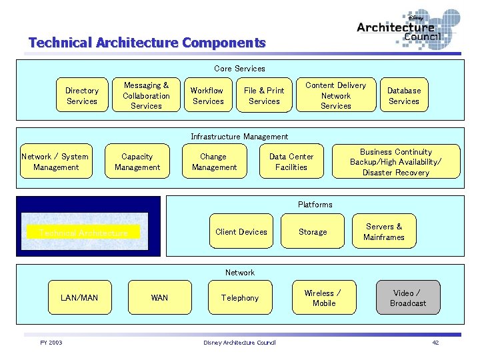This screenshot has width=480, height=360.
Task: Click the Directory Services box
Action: (x=82, y=96)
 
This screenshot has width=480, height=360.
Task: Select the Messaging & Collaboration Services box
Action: (x=146, y=95)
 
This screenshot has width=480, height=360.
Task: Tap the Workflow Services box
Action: (x=207, y=96)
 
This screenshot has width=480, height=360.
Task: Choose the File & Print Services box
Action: (x=264, y=96)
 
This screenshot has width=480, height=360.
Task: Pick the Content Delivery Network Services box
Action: (x=335, y=95)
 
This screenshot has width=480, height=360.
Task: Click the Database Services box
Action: (x=404, y=96)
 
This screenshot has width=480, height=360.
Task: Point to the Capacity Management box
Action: (x=137, y=162)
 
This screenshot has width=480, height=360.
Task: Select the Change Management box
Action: (x=214, y=162)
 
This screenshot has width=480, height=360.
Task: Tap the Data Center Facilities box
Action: (x=291, y=162)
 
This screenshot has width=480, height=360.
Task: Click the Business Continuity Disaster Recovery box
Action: (x=396, y=162)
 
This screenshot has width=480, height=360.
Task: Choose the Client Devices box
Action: (x=241, y=232)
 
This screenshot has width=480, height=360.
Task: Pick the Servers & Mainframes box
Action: (x=384, y=232)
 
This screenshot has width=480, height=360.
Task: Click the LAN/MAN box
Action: (x=79, y=297)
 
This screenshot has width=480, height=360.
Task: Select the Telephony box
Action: (x=240, y=298)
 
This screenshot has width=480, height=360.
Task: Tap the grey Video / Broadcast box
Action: (x=408, y=298)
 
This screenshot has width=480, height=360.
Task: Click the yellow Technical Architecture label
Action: (x=83, y=233)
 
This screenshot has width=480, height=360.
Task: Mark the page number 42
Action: (x=435, y=343)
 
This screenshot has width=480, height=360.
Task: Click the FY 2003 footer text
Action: (x=51, y=343)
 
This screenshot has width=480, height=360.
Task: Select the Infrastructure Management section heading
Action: (x=239, y=137)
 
